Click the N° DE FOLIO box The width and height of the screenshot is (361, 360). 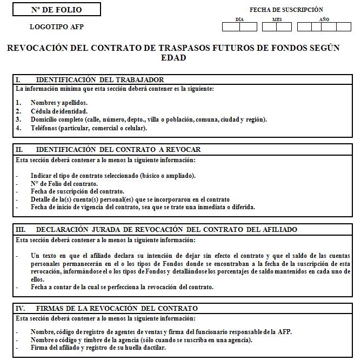(57, 9)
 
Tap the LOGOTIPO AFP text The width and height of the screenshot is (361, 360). (57, 26)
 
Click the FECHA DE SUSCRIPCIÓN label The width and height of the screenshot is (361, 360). (286, 10)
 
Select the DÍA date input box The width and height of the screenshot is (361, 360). (239, 26)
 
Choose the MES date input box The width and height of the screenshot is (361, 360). (277, 26)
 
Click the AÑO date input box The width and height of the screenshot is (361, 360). (324, 26)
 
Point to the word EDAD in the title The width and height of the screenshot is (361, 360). (173, 58)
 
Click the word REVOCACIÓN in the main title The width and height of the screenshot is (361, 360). (39, 48)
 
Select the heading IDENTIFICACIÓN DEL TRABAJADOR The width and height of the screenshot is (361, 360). (100, 79)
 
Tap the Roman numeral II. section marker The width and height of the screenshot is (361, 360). (19, 149)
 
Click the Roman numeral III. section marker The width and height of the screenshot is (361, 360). (21, 229)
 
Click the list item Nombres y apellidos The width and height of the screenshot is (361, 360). (59, 102)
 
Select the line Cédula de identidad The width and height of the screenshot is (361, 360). (59, 111)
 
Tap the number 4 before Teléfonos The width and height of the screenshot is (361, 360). (18, 128)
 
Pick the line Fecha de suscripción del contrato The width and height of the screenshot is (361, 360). (77, 191)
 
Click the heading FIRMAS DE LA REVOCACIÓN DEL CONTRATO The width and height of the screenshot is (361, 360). (117, 308)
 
